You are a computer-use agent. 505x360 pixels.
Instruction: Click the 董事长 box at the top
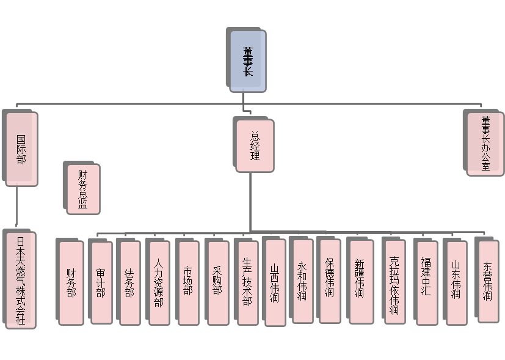pyautogui.click(x=248, y=62)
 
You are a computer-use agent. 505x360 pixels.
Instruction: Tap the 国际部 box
pyautogui.click(x=22, y=150)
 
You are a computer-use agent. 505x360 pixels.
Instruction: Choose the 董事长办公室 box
pyautogui.click(x=485, y=144)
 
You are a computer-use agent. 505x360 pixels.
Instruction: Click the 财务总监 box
pyautogui.click(x=83, y=189)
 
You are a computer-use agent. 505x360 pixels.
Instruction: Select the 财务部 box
pyautogui.click(x=71, y=282)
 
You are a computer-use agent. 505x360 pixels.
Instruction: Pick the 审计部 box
pyautogui.click(x=101, y=282)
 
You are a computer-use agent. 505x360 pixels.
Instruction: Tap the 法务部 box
pyautogui.click(x=129, y=282)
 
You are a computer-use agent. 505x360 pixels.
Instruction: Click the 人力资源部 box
pyautogui.click(x=159, y=282)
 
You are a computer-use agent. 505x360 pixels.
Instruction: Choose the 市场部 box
pyautogui.click(x=188, y=282)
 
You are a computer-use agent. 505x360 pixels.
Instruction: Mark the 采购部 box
pyautogui.click(x=217, y=282)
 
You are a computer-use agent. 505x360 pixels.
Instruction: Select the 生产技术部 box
pyautogui.click(x=247, y=282)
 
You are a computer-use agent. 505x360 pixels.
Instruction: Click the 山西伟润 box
pyautogui.click(x=275, y=282)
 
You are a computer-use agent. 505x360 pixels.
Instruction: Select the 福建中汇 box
pyautogui.click(x=426, y=282)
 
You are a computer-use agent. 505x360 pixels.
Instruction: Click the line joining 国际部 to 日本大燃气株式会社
pyautogui.click(x=16, y=208)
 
